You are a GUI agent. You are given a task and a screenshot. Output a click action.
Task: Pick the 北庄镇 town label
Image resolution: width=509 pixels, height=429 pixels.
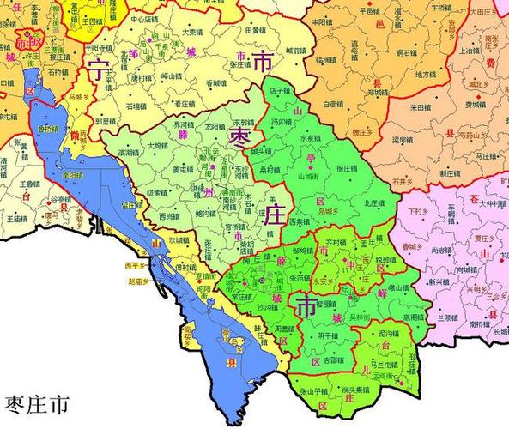click(x=373, y=203)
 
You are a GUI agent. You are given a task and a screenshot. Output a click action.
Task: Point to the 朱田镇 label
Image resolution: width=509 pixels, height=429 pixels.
click(x=420, y=107)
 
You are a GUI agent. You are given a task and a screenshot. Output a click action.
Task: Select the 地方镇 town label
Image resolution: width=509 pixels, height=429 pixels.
click(x=426, y=75)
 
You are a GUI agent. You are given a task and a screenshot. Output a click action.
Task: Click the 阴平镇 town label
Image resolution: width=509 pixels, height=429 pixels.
click(x=327, y=335)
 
